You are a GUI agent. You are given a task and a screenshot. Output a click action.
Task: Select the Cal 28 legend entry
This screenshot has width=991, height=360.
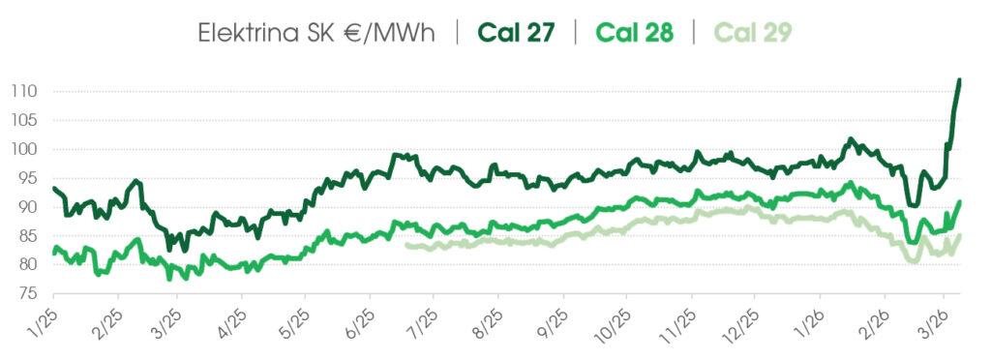coord(634,32)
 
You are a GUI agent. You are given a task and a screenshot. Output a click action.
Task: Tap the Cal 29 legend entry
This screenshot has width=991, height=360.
coord(751,32)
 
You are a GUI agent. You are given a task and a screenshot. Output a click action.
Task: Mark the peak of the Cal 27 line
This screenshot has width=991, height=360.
coord(958,79)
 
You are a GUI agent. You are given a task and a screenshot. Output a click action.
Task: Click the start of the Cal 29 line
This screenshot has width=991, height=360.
coord(407,245)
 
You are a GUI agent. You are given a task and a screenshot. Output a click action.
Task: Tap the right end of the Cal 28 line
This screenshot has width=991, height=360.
coord(959,201)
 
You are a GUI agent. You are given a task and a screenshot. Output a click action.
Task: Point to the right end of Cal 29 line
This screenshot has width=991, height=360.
coord(959,235)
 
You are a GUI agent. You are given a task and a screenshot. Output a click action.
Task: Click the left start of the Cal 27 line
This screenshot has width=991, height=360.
coord(54,188)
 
